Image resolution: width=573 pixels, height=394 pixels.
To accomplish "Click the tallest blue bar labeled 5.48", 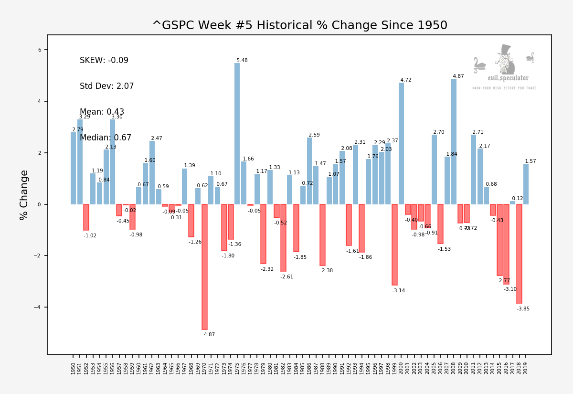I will pyautogui.click(x=237, y=134).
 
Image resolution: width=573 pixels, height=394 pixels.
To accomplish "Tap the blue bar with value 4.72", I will pyautogui.click(x=401, y=143).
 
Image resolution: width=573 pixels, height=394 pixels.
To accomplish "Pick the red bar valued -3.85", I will pyautogui.click(x=519, y=254).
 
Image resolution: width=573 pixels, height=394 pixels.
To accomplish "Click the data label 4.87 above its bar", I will pyautogui.click(x=458, y=76).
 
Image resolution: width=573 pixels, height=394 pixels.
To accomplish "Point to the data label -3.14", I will pyautogui.click(x=399, y=291).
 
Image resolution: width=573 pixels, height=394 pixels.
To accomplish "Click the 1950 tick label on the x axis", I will pyautogui.click(x=74, y=368).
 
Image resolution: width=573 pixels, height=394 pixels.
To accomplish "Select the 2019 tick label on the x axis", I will pyautogui.click(x=526, y=368).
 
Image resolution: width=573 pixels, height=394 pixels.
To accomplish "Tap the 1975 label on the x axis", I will pyautogui.click(x=237, y=368).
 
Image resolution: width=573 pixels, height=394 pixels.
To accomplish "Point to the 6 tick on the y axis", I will pyautogui.click(x=40, y=50).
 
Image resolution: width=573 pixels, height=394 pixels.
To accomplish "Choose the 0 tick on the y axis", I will pyautogui.click(x=40, y=204).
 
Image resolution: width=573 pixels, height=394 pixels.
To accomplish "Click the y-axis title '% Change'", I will pyautogui.click(x=24, y=195).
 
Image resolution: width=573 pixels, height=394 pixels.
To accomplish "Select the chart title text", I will pyautogui.click(x=300, y=25).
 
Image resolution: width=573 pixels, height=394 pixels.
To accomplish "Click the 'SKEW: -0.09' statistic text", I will pyautogui.click(x=104, y=61).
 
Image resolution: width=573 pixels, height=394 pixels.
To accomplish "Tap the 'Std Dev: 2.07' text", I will pyautogui.click(x=107, y=86).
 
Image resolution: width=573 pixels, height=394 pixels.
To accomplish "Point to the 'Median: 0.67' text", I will pyautogui.click(x=106, y=138).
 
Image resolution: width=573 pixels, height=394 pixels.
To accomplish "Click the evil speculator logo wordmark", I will pyautogui.click(x=508, y=78).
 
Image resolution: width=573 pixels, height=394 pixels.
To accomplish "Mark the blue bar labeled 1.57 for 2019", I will pyautogui.click(x=526, y=184).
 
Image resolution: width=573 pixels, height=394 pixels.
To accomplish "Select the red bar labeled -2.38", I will pyautogui.click(x=322, y=234).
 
